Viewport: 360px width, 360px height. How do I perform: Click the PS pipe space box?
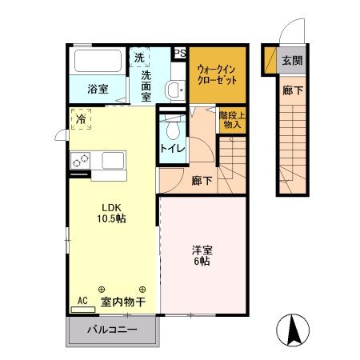[179, 54]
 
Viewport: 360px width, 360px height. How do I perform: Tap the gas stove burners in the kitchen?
[81, 160]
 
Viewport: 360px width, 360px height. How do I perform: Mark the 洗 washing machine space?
[139, 58]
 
